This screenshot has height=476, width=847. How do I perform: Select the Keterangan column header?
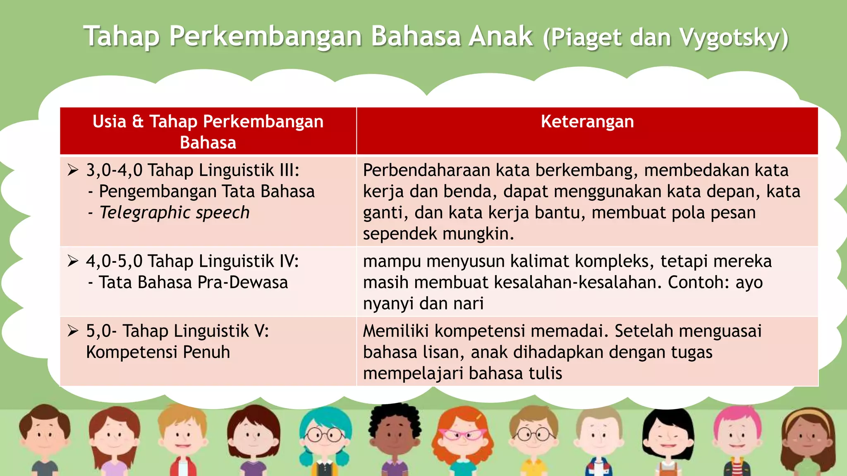[587, 121]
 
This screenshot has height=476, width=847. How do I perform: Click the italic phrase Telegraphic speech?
[175, 212]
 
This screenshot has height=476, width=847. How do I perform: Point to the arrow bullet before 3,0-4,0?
[73, 170]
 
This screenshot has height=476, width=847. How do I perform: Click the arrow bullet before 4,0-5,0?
[73, 261]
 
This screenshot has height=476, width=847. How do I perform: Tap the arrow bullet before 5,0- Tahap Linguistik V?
[73, 331]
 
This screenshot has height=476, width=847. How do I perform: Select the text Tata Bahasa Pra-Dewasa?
[193, 282]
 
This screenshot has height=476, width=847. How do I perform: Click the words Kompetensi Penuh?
[158, 352]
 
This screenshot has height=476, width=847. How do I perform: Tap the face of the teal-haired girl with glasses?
[325, 436]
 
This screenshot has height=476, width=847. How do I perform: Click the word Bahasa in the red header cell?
[208, 143]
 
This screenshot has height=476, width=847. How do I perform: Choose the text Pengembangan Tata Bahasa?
[207, 191]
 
